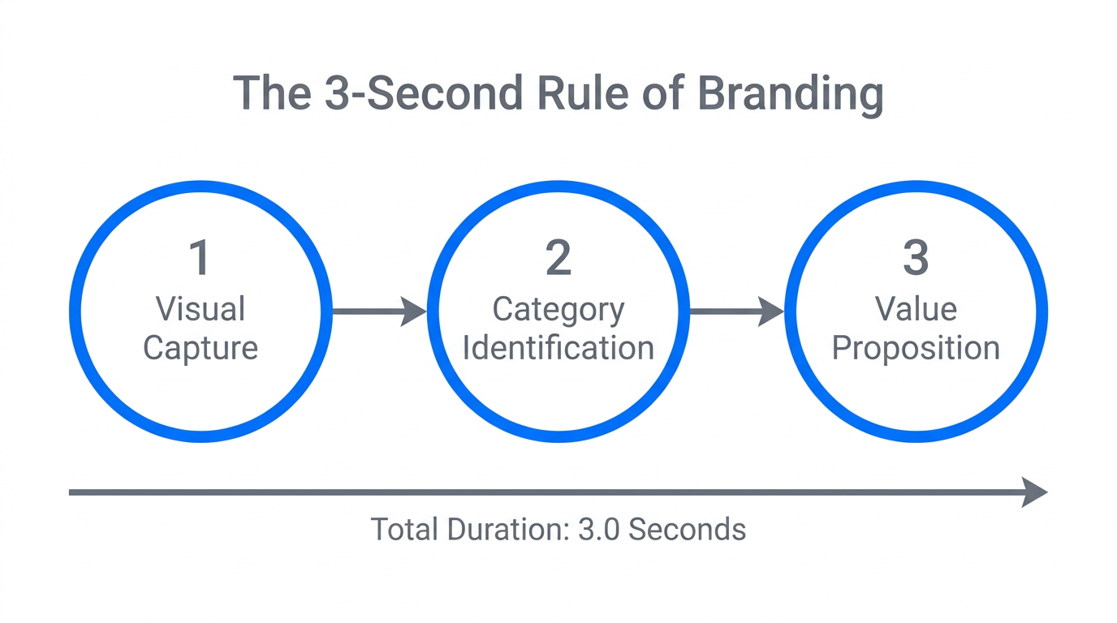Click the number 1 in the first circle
coord(200,258)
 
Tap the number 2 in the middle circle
coord(558,258)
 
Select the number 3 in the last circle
coord(916,258)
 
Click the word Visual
coord(201,309)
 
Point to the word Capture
coord(201,348)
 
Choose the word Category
coord(558,309)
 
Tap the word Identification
coord(558,348)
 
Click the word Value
coord(916,309)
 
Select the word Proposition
coord(916,348)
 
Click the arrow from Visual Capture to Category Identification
coord(379,311)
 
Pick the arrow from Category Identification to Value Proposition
coord(736,311)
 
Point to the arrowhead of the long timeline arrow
coord(1034,492)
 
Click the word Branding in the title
coord(790,93)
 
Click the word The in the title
coord(272,93)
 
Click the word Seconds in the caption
coord(687,530)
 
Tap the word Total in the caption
coord(403,530)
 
